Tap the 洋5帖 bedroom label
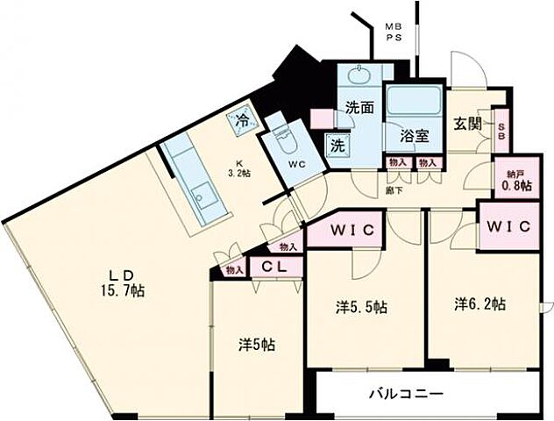(257, 345)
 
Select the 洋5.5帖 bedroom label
(362, 308)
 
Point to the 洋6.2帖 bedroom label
(479, 304)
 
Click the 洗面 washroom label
(358, 109)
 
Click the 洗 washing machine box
(337, 146)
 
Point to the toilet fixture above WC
(282, 136)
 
